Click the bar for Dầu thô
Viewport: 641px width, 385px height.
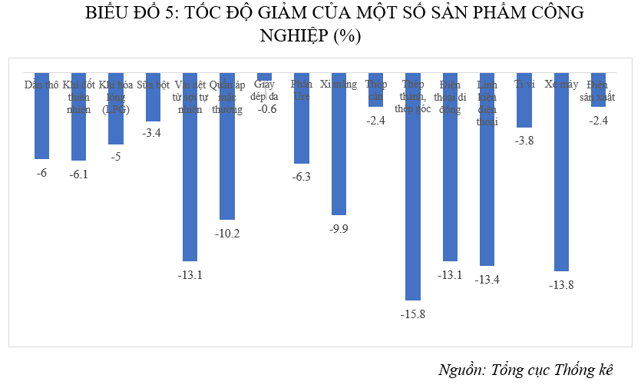pos(41,115)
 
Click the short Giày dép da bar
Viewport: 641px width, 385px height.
pos(264,77)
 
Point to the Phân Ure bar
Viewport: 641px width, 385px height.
pos(302,118)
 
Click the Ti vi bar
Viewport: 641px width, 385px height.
pos(524,100)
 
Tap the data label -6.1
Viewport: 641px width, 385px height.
pos(79,174)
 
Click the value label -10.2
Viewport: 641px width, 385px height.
pos(228,234)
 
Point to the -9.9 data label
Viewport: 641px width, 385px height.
pos(339,228)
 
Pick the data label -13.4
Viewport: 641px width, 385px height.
pos(487,279)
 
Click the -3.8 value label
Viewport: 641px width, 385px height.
pos(524,141)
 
